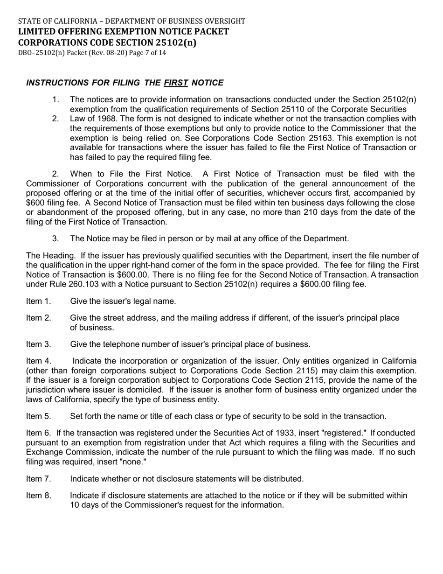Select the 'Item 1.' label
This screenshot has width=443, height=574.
[38, 301]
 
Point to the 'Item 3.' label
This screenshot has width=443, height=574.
[38, 344]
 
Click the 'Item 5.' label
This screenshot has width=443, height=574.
[38, 416]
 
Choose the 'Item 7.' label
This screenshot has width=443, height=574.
[38, 479]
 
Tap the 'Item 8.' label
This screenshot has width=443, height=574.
[38, 496]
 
